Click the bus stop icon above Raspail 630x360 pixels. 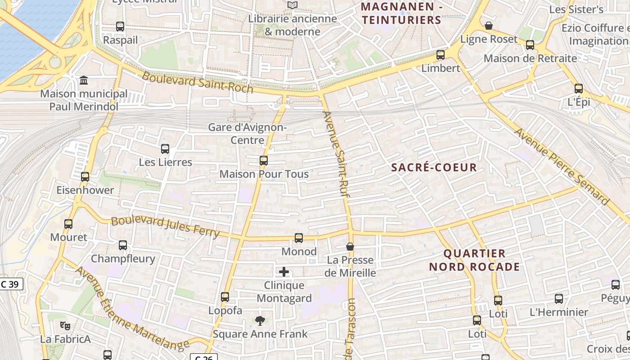click(120, 27)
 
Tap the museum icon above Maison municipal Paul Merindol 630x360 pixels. click(84, 81)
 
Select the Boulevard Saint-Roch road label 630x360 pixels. click(198, 82)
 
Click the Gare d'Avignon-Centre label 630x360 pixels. click(247, 134)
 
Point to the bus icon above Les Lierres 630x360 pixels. click(165, 149)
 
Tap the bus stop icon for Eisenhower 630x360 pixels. click(85, 177)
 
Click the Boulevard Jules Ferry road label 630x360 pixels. click(165, 227)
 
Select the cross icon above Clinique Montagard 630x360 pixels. click(284, 272)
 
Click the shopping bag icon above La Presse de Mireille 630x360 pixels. click(350, 247)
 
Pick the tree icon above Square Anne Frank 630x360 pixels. click(260, 321)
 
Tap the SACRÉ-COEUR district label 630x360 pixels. click(434, 168)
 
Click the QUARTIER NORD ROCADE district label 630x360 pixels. click(474, 260)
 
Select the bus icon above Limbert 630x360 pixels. click(441, 55)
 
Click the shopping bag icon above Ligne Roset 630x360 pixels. click(489, 26)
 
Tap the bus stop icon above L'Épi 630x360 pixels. click(579, 89)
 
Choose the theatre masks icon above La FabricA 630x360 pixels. click(65, 325)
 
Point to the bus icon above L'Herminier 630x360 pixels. click(559, 299)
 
